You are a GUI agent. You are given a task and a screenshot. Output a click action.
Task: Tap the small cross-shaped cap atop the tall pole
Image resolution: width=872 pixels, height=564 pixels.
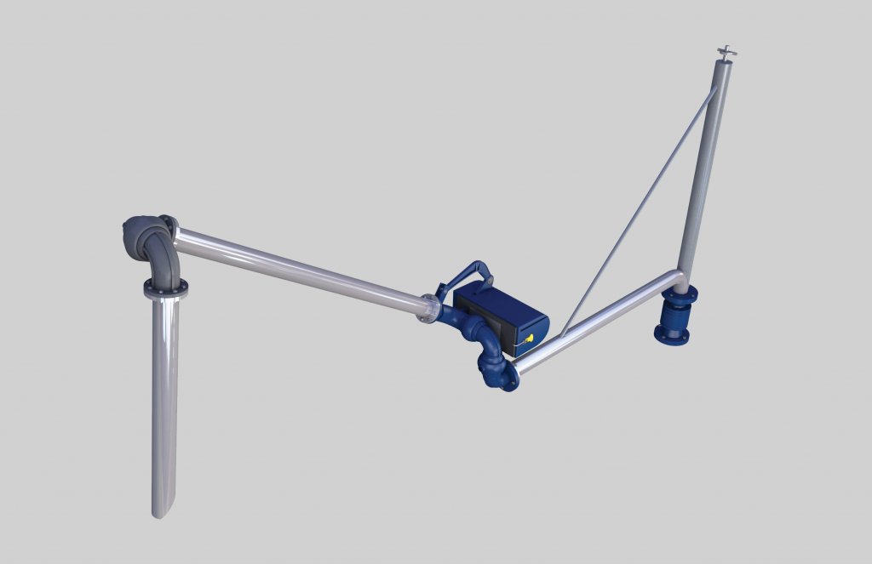click(726, 53)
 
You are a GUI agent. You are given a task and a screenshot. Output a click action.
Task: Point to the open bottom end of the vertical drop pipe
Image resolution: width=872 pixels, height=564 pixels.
click(162, 510)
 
